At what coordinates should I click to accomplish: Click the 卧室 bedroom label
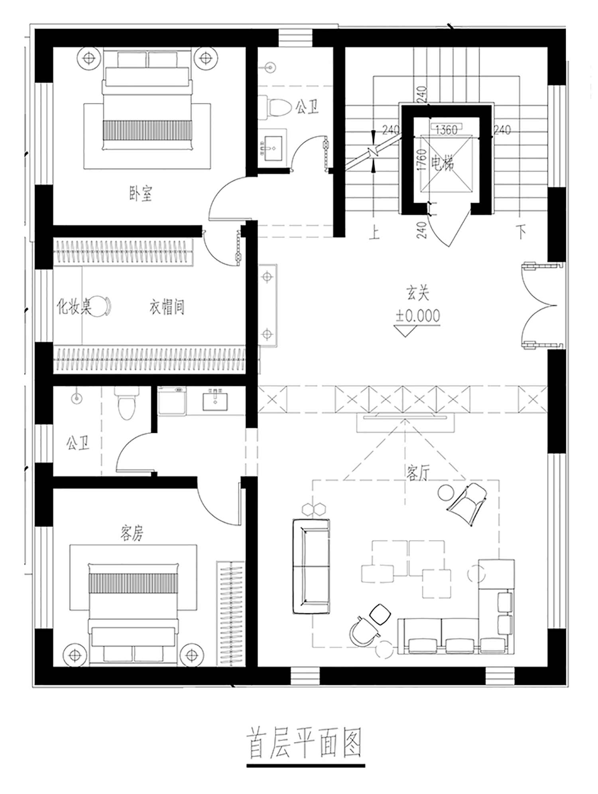(x=140, y=194)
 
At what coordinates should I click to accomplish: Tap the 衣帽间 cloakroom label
(x=167, y=307)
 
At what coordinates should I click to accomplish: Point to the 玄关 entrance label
(x=418, y=293)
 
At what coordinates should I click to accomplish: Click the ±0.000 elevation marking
(x=418, y=316)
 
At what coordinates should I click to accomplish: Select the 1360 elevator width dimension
(x=446, y=130)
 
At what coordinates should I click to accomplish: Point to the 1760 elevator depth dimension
(x=422, y=160)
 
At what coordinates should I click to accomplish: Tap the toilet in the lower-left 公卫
(x=126, y=403)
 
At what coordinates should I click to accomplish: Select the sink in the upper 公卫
(x=272, y=148)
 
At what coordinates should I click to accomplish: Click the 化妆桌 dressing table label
(x=74, y=307)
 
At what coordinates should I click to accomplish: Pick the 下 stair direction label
(x=521, y=232)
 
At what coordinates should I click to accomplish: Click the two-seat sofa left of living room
(x=311, y=566)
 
